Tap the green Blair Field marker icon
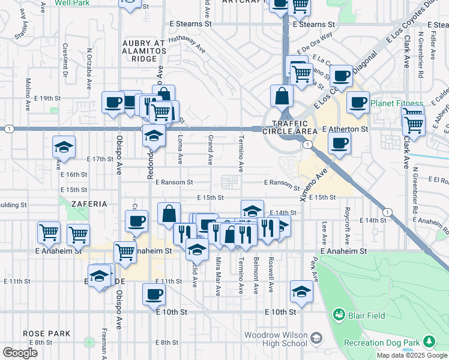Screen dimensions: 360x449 (x=339, y=314)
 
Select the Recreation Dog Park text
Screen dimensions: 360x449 (x=381, y=343)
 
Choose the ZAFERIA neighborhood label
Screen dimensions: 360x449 (x=89, y=204)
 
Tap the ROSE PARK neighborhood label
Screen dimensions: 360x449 (x=47, y=334)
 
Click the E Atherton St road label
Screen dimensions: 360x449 (x=345, y=129)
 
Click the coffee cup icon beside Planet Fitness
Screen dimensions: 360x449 (x=358, y=102)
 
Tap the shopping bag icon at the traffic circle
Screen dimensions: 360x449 (x=282, y=96)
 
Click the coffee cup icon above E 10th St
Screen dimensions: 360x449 (x=154, y=294)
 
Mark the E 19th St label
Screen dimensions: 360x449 (x=48, y=98)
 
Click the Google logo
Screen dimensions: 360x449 (x=20, y=353)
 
